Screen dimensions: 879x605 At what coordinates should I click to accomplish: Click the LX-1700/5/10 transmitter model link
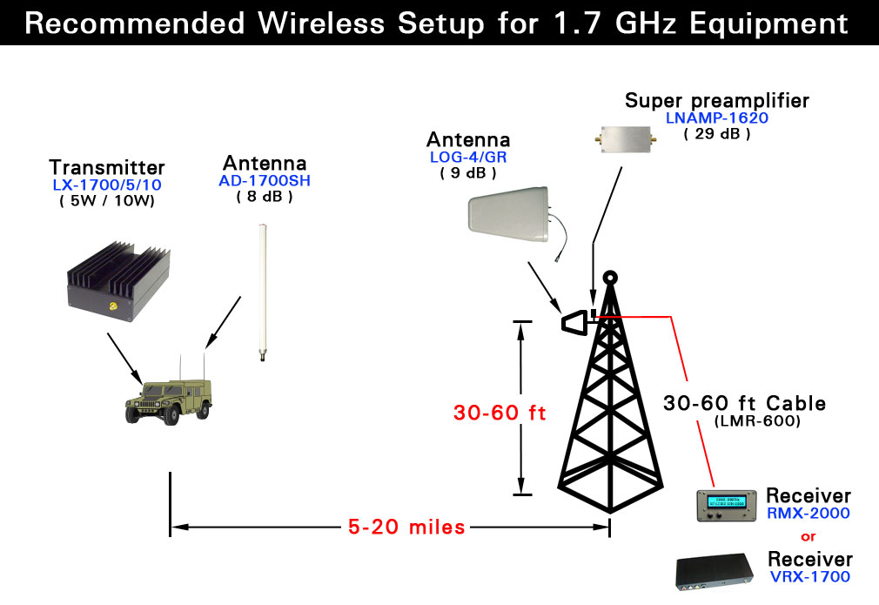(x=107, y=185)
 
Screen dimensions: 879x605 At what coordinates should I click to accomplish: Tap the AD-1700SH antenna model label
(x=265, y=180)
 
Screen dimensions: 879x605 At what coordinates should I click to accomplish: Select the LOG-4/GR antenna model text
(x=468, y=157)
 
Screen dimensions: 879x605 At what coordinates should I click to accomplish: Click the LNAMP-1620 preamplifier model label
(x=717, y=118)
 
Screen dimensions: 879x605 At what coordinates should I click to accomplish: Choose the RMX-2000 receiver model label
(x=809, y=513)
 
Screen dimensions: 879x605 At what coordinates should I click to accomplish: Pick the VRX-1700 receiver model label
(x=810, y=576)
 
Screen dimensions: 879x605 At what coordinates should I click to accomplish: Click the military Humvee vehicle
(x=169, y=401)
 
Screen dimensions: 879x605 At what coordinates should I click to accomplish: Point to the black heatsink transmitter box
(x=118, y=281)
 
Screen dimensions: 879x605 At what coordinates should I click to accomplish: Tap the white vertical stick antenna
(x=262, y=292)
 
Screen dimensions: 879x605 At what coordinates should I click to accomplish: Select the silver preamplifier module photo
(x=626, y=138)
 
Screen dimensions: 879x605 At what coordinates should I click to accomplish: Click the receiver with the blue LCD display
(x=727, y=505)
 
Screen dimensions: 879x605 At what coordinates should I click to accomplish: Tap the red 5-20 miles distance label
(x=406, y=527)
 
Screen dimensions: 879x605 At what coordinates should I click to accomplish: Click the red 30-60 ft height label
(x=500, y=413)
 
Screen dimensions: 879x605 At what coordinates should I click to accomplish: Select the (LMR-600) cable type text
(x=757, y=420)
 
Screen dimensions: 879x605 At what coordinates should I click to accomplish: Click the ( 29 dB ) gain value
(x=717, y=134)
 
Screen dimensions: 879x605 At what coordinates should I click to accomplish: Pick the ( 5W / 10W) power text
(x=107, y=201)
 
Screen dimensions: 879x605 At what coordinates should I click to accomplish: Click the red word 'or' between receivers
(x=809, y=536)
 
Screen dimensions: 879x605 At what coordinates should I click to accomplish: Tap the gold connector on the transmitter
(x=113, y=306)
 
